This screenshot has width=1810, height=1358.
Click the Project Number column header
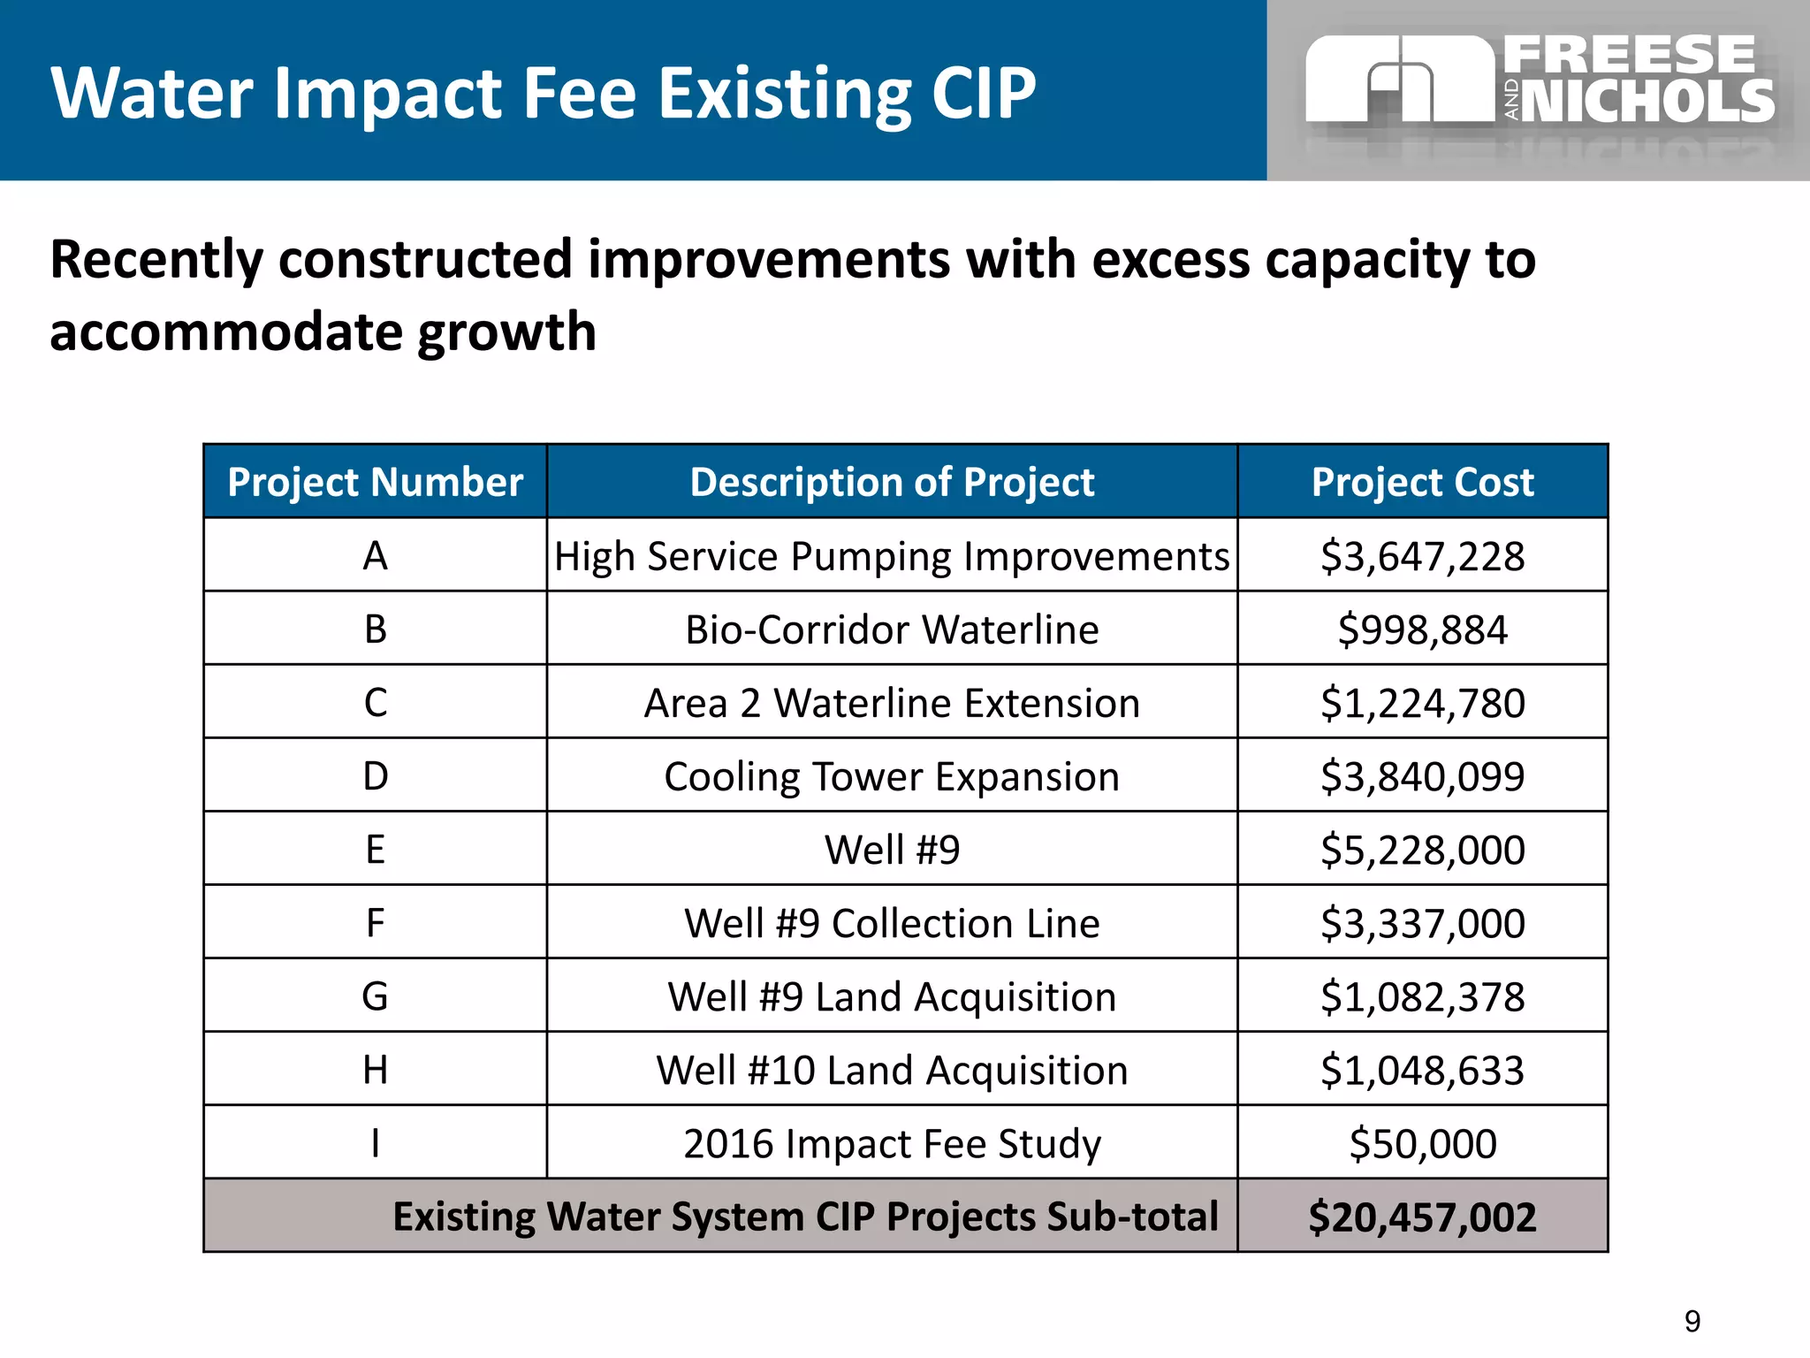click(x=375, y=482)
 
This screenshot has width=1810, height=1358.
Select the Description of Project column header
click(x=892, y=482)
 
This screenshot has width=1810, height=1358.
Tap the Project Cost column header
click(x=1422, y=482)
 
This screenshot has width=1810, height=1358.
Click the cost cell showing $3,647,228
click(x=1422, y=556)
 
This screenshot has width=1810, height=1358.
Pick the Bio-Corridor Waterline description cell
click(x=892, y=629)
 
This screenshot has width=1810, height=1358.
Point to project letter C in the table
click(x=375, y=703)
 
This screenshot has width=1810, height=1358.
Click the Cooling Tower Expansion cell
click(x=892, y=776)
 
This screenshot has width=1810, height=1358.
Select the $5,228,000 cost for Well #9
click(x=1422, y=850)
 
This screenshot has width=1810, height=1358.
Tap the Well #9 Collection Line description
click(x=892, y=923)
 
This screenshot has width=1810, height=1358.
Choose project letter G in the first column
click(x=375, y=996)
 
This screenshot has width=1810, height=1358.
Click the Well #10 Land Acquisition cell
click(x=892, y=1070)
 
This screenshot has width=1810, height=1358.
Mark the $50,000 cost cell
click(x=1422, y=1143)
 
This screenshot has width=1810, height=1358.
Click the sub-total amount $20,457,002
click(x=1422, y=1217)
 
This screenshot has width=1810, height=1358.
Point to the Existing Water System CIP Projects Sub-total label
click(x=805, y=1217)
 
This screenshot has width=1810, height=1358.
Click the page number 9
click(x=1692, y=1321)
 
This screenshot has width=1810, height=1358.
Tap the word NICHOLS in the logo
click(x=1648, y=101)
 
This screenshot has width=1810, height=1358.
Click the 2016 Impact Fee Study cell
click(x=892, y=1143)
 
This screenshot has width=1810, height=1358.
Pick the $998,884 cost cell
click(x=1422, y=629)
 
